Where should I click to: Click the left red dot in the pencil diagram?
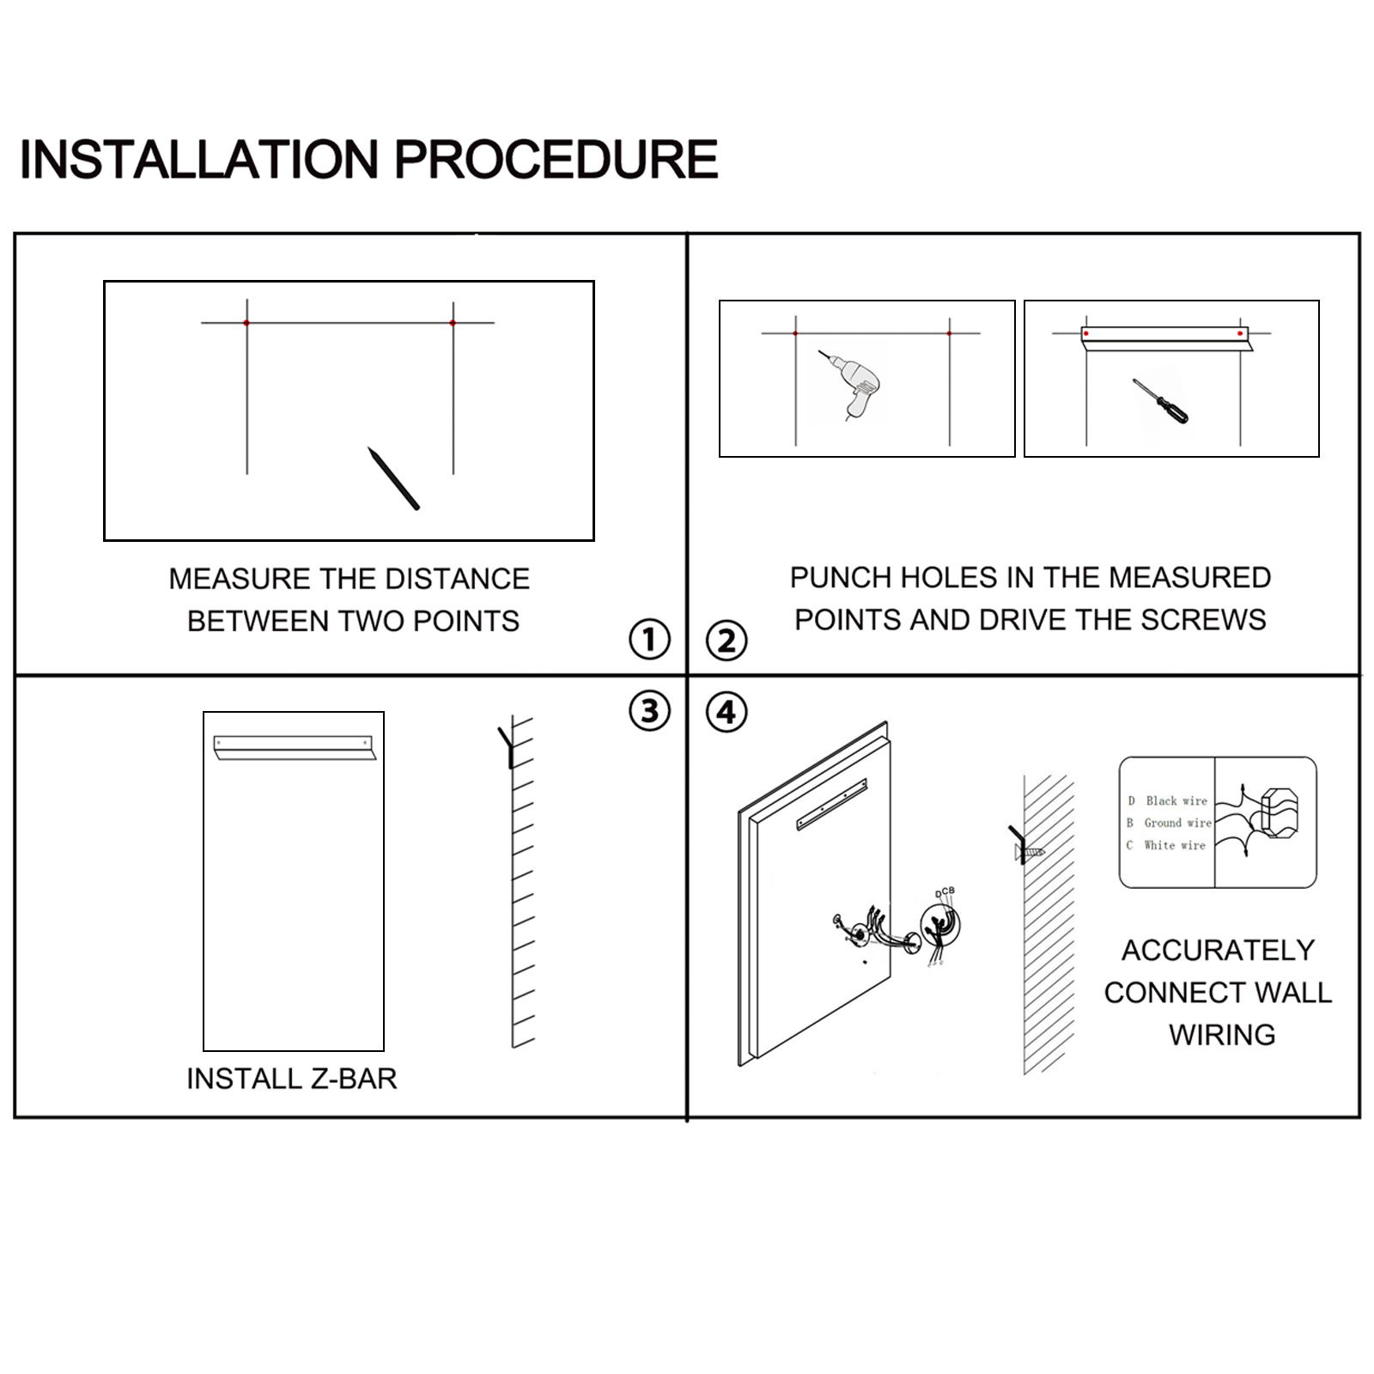coord(246,323)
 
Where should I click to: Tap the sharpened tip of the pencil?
coord(369,447)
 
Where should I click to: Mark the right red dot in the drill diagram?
coord(949,333)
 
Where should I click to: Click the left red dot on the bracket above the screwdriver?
coord(1086,333)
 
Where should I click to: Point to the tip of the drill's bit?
coord(819,351)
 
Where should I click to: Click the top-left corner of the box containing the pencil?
coord(105,282)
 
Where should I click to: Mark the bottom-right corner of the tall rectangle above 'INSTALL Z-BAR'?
coord(383,1049)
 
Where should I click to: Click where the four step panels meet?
coord(687,675)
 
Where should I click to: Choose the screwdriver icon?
coord(1160,402)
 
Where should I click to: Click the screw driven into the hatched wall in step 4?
coord(1030,852)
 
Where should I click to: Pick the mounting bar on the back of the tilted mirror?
coord(831,805)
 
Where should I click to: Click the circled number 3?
coord(649,711)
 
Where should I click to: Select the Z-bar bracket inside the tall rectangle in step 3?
coord(295,747)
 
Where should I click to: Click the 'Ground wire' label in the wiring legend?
coord(1177,823)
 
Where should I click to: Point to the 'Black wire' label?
coord(1176,800)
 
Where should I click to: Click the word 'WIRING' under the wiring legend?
coord(1222,1034)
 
